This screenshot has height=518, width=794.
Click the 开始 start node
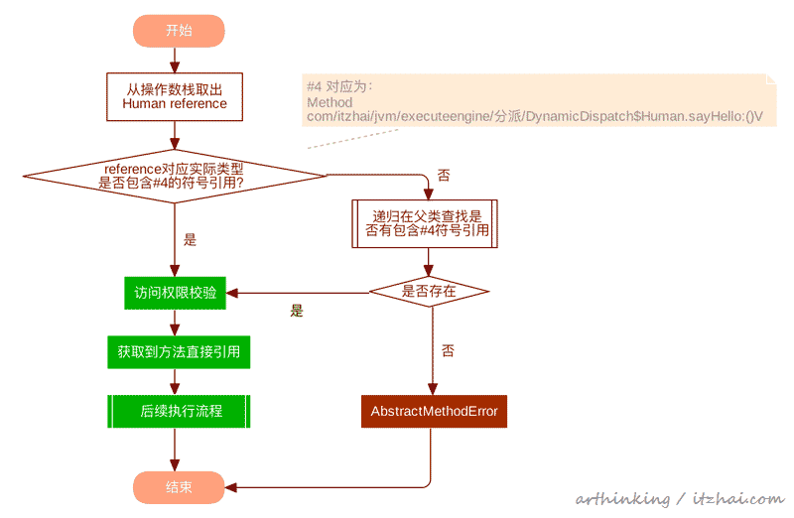click(x=179, y=31)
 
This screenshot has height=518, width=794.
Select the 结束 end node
click(x=179, y=486)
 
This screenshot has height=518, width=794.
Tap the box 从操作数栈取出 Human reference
click(x=175, y=96)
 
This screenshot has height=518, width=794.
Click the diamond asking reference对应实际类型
click(x=175, y=176)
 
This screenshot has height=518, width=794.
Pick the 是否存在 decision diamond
click(x=429, y=292)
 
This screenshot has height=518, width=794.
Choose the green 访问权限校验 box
click(x=175, y=293)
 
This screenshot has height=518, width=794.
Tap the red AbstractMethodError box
click(x=434, y=411)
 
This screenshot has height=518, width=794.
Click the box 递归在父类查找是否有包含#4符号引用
click(x=425, y=223)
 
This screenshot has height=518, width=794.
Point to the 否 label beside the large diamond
click(x=443, y=176)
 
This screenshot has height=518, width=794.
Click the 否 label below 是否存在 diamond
click(x=448, y=350)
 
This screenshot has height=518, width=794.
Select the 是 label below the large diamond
click(x=191, y=239)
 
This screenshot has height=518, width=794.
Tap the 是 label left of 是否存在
click(x=296, y=311)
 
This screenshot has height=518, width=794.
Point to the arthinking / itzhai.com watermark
click(x=679, y=499)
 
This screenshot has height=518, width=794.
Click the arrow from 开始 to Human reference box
click(x=175, y=60)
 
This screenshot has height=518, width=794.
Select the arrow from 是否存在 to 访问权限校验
click(x=298, y=293)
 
